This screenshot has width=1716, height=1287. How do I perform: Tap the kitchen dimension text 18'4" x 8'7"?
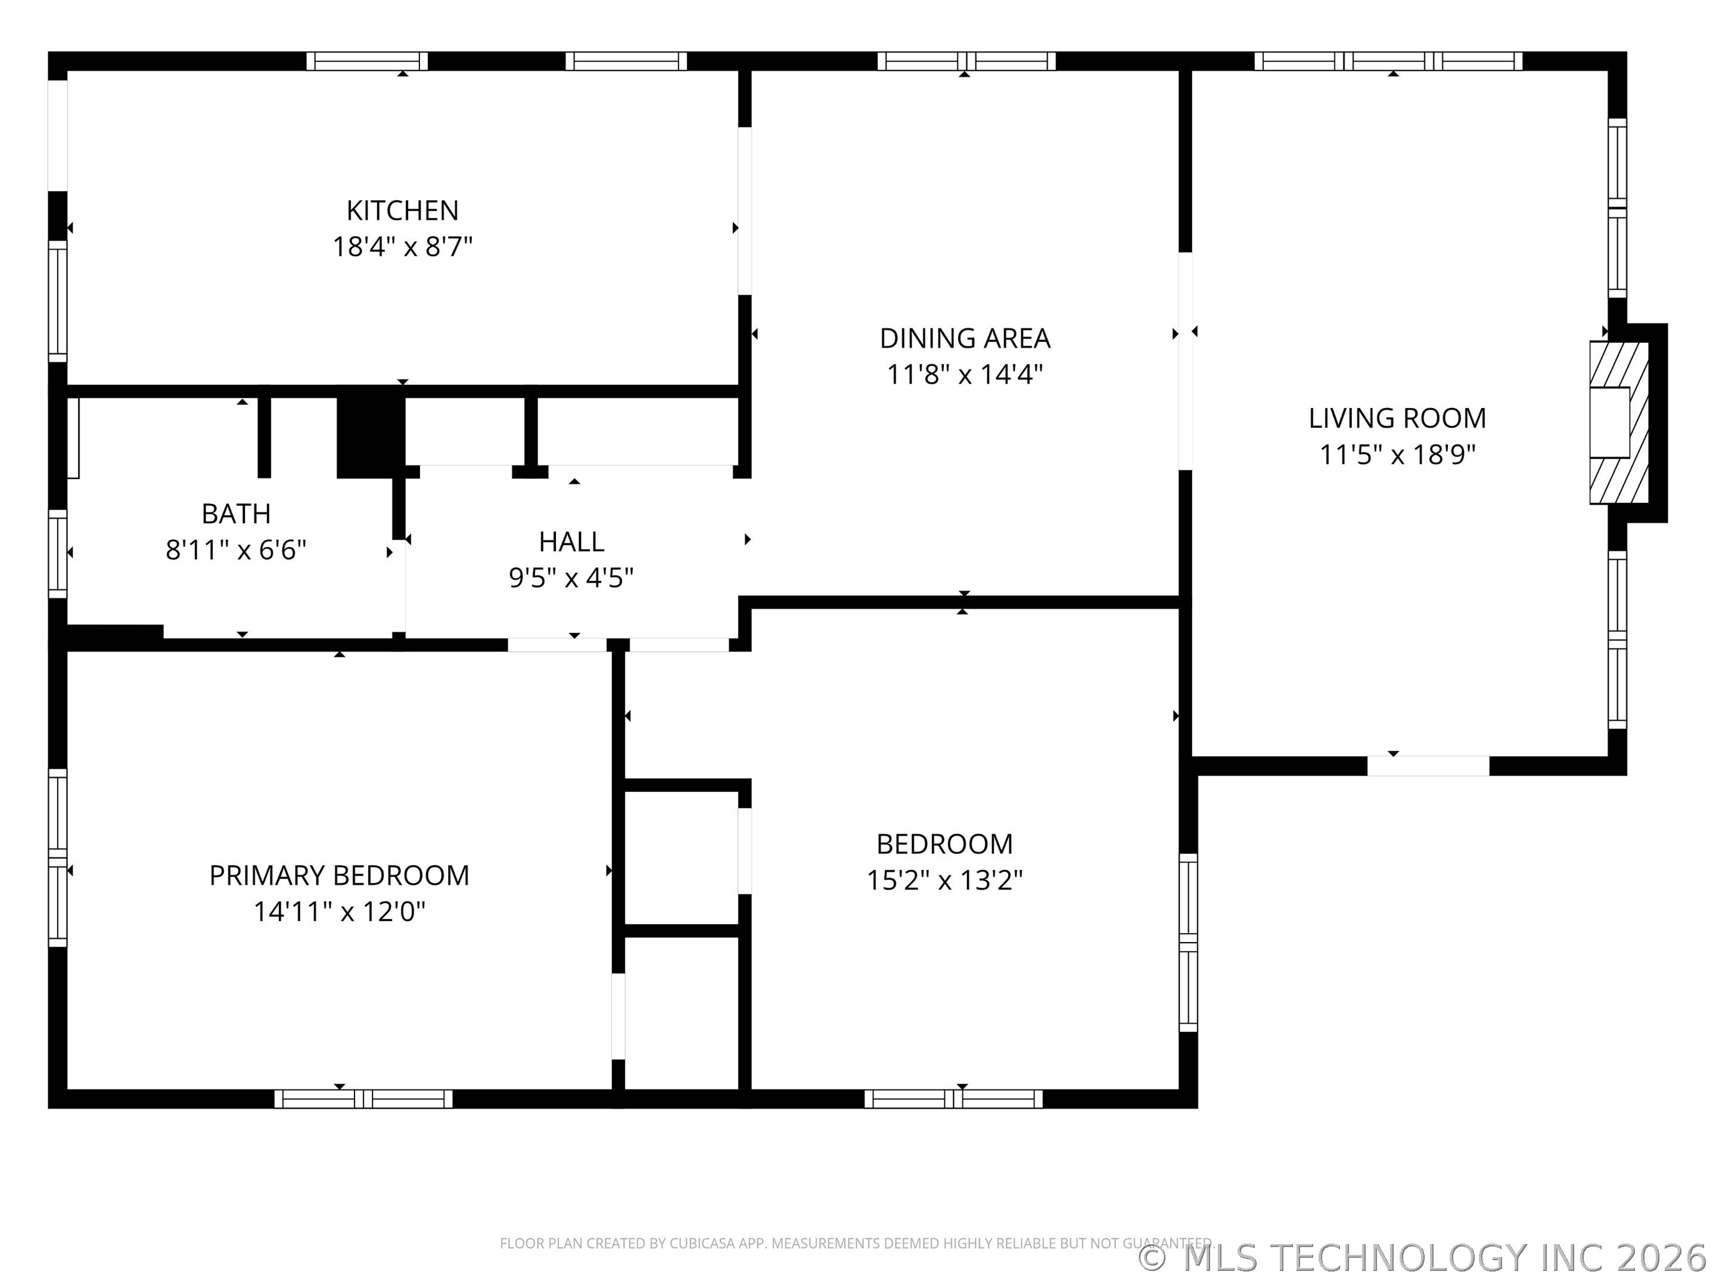(403, 247)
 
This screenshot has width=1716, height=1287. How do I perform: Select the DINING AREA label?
(965, 338)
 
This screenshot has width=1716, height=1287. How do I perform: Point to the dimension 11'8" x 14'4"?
(965, 375)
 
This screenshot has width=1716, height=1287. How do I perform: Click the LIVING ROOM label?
(1397, 418)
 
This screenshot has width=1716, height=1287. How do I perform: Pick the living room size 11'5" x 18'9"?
(1397, 455)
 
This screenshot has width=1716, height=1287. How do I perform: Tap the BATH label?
(236, 514)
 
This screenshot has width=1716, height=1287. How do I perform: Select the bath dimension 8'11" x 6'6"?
(236, 550)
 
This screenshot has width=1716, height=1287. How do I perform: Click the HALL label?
(572, 542)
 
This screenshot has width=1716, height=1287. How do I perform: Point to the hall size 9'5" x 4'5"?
(572, 578)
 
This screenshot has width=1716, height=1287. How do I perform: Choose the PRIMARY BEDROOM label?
(339, 875)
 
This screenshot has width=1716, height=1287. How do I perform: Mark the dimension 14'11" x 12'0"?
(340, 912)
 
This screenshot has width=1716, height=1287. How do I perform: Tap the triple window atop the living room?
(1389, 61)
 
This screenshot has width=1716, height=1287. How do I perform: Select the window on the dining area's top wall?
(966, 61)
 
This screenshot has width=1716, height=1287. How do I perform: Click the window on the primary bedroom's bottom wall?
(363, 1099)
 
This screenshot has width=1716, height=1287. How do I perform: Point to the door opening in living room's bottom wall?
(1428, 766)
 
